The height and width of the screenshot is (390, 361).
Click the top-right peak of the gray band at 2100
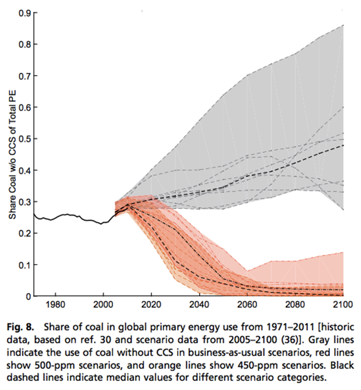(343, 25)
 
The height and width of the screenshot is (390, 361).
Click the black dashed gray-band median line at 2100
(343, 145)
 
